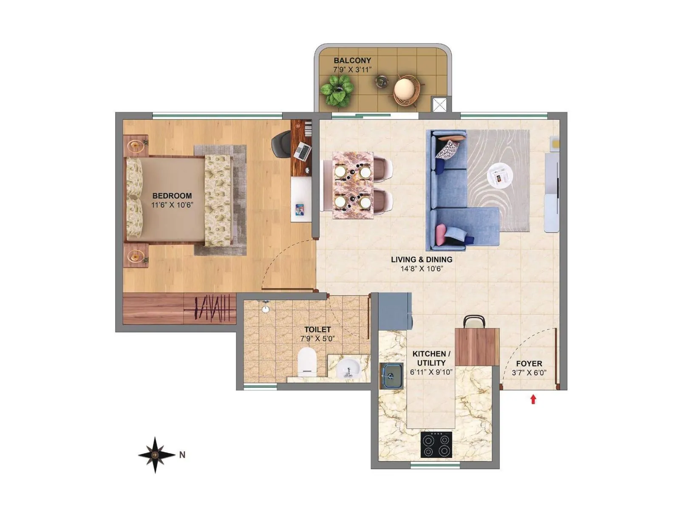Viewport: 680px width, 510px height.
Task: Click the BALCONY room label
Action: coord(352,61)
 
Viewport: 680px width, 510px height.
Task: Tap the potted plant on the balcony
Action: coord(337,90)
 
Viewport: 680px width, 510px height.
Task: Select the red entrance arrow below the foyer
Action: coord(533,399)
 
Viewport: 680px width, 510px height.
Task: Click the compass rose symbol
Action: coord(156,455)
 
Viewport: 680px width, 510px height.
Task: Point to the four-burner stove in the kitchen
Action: coord(436,445)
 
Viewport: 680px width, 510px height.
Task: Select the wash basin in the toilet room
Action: coord(348,368)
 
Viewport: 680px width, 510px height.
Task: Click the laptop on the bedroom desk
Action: coord(302,151)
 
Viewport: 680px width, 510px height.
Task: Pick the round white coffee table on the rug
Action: coord(500,176)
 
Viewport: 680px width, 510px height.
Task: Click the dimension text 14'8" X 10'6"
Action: coord(422,269)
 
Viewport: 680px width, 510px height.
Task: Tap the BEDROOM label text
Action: coord(172,196)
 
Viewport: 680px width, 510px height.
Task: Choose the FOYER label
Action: coord(529,364)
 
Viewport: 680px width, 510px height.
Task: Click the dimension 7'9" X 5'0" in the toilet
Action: coord(317,339)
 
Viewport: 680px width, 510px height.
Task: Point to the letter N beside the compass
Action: coord(182,455)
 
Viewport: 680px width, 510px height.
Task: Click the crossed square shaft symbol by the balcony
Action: coord(439,105)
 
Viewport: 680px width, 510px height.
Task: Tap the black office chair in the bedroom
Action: coord(280,144)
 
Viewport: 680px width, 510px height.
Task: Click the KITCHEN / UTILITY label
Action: coord(431,358)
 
